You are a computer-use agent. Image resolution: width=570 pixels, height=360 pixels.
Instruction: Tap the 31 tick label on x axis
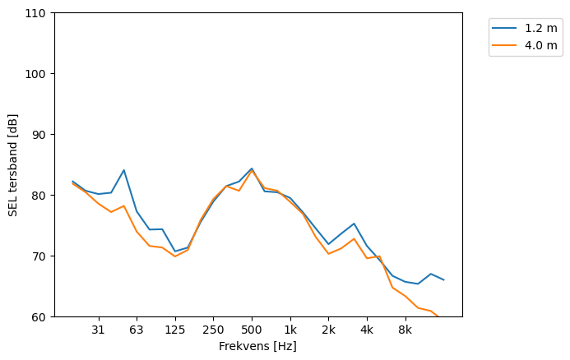98,330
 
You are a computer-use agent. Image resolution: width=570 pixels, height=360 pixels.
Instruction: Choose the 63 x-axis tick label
137,330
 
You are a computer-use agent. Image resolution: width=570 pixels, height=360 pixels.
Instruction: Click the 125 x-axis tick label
174,330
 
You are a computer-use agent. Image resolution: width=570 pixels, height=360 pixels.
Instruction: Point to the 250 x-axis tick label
213,330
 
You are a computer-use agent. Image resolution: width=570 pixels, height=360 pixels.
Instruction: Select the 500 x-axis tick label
252,330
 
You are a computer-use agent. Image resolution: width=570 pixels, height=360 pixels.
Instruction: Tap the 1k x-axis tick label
290,330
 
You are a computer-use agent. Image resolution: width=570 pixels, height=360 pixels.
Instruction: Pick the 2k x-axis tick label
328,330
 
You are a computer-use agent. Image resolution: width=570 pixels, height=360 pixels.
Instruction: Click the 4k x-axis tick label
367,330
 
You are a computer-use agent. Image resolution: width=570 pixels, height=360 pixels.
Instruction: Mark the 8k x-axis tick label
405,330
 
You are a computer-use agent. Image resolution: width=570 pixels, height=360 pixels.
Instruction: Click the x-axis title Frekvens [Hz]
257,347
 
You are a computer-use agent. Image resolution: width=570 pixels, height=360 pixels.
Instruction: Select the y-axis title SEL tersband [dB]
13,164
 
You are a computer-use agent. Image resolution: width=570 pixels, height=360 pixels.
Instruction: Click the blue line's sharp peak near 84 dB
123,170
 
